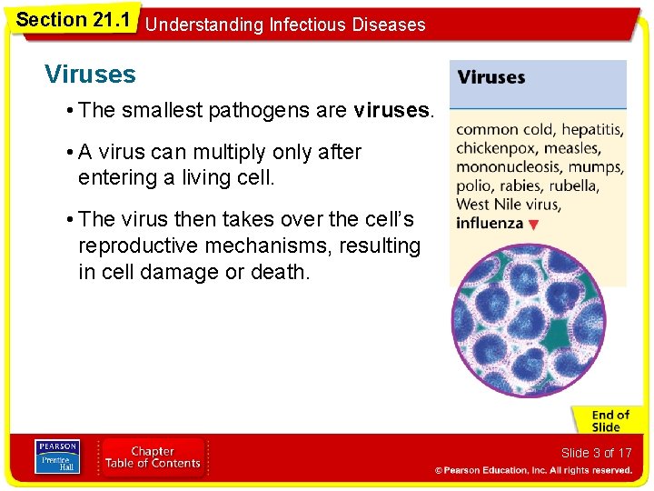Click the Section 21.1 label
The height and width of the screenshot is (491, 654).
coord(74,18)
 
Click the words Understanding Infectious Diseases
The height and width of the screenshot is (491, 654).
coord(284,25)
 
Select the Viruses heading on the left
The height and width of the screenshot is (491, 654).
coord(90,75)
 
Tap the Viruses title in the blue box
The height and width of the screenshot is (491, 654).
coord(491,77)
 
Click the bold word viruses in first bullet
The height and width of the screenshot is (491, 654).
coord(392,111)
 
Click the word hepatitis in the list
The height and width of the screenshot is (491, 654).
coord(590,130)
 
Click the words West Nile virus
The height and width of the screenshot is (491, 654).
coord(508,205)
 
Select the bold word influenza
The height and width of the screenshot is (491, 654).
coord(490,224)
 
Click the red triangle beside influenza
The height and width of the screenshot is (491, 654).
coord(533,225)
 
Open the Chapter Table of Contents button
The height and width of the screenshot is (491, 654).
coord(153,457)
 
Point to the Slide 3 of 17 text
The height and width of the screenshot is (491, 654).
coord(596,452)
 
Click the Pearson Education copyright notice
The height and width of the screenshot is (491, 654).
coord(533,470)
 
